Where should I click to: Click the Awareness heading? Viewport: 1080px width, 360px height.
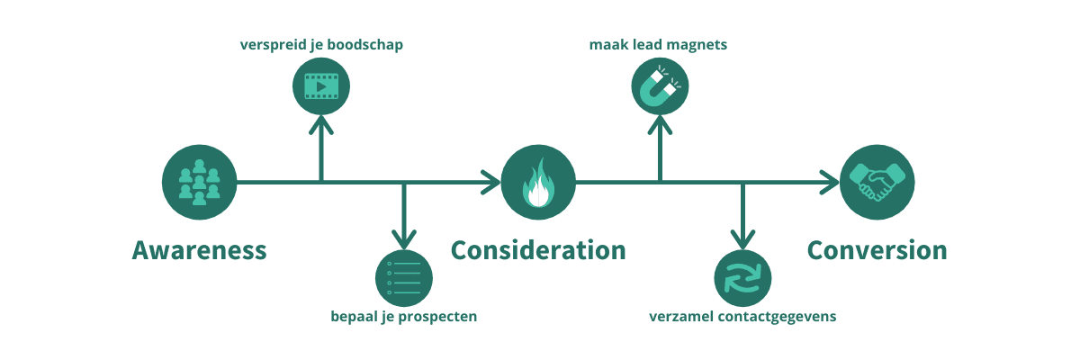(199, 250)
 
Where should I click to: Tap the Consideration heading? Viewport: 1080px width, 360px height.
(538, 250)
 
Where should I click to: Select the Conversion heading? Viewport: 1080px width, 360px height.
(877, 250)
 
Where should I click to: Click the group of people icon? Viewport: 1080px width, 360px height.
(199, 182)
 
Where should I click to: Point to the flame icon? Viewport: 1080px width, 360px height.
(538, 182)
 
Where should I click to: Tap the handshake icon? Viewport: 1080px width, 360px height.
(877, 182)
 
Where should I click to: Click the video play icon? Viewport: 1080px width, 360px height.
(321, 86)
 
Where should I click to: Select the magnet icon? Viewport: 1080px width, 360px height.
(660, 86)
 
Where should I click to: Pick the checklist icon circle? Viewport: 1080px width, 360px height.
(404, 278)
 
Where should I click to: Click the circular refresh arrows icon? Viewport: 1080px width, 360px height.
(743, 278)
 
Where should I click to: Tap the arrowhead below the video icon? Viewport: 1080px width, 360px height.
(321, 125)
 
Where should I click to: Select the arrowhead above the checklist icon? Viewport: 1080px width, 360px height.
(404, 239)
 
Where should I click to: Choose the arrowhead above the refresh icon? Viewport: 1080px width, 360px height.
(743, 239)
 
